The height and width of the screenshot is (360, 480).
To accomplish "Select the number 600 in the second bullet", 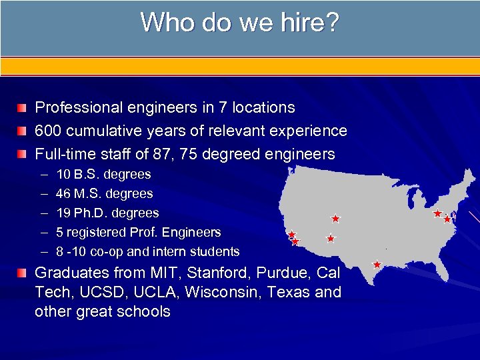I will (x=47, y=131).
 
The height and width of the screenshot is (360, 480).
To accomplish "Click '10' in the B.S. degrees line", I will (x=64, y=175).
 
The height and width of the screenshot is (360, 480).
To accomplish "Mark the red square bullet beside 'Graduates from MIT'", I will (x=24, y=273).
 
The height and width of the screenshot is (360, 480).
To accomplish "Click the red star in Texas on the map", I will (x=377, y=265).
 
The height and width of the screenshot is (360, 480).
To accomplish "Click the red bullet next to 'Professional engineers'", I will (x=24, y=107).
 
